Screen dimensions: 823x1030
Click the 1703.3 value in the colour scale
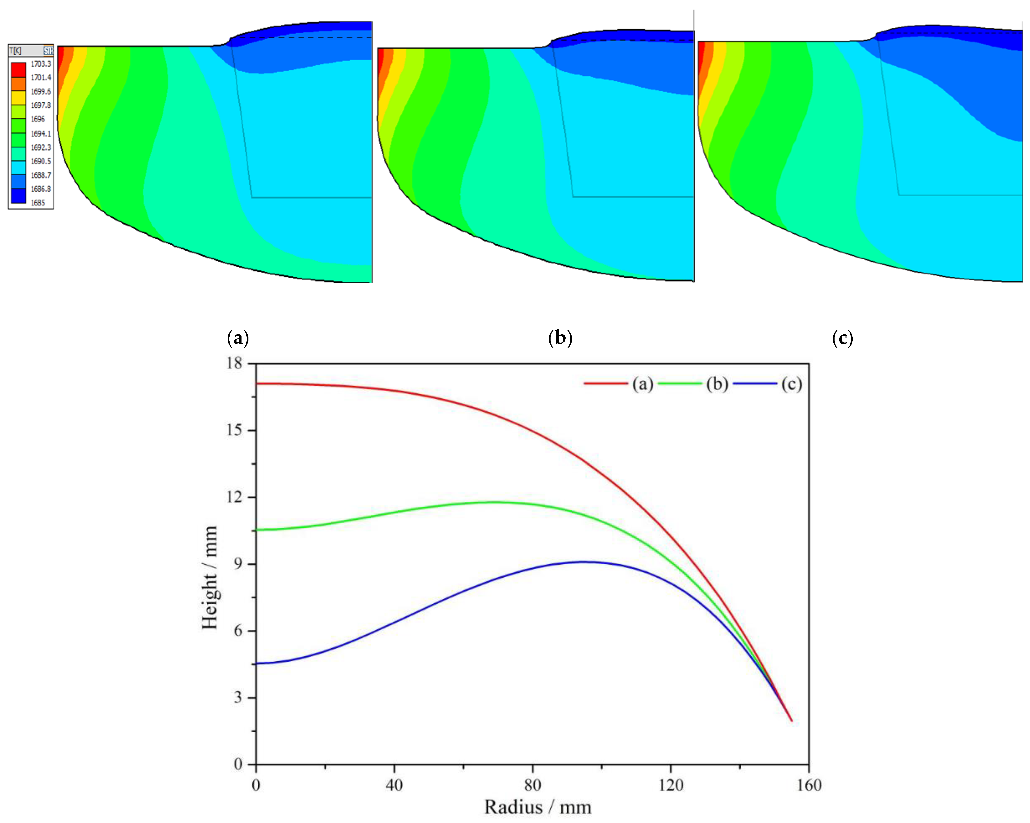pos(41,63)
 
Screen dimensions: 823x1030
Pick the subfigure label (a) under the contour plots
pos(238,338)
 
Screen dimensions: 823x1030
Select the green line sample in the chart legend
pos(679,383)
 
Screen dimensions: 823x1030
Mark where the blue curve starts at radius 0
pos(257,663)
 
